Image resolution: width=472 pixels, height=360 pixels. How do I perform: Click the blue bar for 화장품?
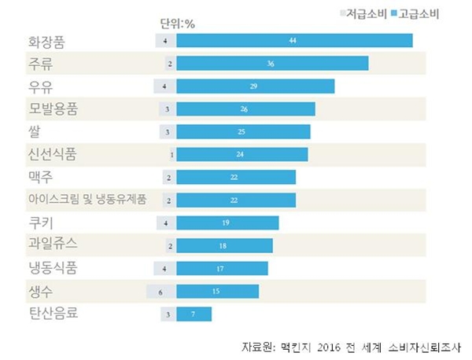pyautogui.click(x=294, y=40)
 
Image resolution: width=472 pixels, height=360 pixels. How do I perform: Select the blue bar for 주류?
pyautogui.click(x=273, y=63)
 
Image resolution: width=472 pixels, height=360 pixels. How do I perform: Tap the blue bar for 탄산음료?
pyautogui.click(x=194, y=315)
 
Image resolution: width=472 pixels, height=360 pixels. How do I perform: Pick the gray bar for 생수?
pyautogui.click(x=161, y=292)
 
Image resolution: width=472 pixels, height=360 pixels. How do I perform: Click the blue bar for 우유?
pyautogui.click(x=256, y=86)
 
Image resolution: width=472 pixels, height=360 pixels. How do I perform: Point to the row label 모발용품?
pyautogui.click(x=58, y=108)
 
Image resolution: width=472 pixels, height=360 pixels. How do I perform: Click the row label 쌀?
pyautogui.click(x=35, y=130)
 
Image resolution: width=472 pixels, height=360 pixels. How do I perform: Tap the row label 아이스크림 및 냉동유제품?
pyautogui.click(x=87, y=200)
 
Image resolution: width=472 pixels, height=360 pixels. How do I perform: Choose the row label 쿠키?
pyautogui.click(x=41, y=222)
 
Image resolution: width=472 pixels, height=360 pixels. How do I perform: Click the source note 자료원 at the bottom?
pyautogui.click(x=353, y=347)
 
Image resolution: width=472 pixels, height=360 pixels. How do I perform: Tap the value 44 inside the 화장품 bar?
pyautogui.click(x=293, y=40)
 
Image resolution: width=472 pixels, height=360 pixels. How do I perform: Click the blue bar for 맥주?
pyautogui.click(x=236, y=177)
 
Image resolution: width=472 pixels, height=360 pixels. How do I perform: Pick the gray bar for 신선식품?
pyautogui.click(x=172, y=154)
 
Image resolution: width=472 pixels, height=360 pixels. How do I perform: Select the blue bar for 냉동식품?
pyautogui.click(x=223, y=269)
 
